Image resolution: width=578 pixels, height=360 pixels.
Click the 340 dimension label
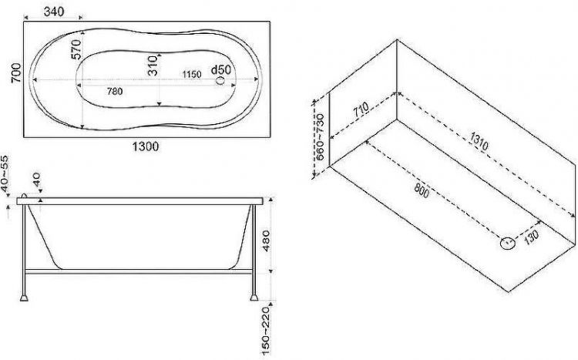(x=54, y=12)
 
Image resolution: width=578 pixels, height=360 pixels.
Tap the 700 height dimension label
(x=16, y=73)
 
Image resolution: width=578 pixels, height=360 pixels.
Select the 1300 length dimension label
(x=146, y=146)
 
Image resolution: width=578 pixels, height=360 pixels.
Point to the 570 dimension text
(x=76, y=49)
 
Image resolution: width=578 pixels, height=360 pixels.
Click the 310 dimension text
(x=153, y=66)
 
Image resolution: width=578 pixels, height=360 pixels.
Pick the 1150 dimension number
(x=192, y=75)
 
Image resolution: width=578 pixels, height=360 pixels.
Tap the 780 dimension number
(x=115, y=91)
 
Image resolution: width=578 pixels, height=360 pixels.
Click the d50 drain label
(x=221, y=69)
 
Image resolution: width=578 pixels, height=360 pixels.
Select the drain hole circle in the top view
(x=220, y=81)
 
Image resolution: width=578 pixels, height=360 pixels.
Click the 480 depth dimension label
(x=265, y=241)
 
